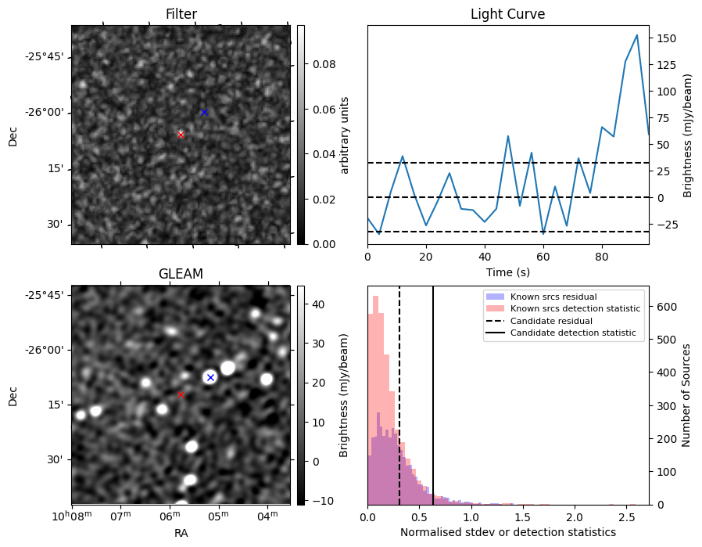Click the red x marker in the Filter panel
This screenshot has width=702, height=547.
coord(181,135)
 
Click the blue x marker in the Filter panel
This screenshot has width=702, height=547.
coord(204,112)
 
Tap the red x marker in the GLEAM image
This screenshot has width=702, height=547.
coord(181,395)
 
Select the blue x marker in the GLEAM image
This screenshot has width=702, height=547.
coord(210,377)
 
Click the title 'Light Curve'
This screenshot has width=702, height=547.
coord(507,14)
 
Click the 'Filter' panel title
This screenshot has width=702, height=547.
coord(181,14)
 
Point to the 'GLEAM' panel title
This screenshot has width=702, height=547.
coord(181,274)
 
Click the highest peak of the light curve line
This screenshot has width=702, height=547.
coord(637,35)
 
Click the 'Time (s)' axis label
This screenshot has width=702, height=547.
coord(507,271)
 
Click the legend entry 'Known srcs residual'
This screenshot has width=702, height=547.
coord(553,297)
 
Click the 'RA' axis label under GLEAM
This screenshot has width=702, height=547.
coord(181,532)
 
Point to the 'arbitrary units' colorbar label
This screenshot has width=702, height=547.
coord(345,135)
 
